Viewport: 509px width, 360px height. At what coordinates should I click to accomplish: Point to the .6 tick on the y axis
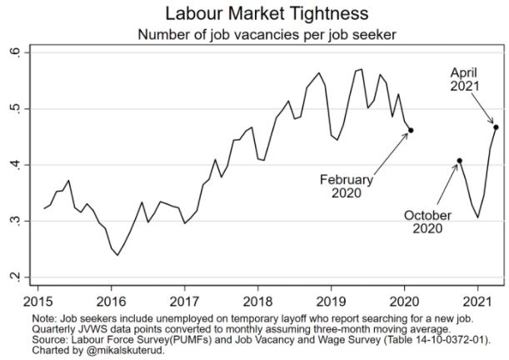pyautogui.click(x=25, y=53)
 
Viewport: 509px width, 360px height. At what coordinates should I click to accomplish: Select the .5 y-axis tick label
pyautogui.click(x=25, y=109)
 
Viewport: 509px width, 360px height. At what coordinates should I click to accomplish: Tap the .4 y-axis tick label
pyautogui.click(x=25, y=165)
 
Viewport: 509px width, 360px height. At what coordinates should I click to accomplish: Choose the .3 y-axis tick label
pyautogui.click(x=25, y=222)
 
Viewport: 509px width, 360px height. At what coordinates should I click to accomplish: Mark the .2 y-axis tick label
pyautogui.click(x=25, y=277)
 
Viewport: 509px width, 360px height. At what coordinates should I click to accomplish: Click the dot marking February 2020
pyautogui.click(x=411, y=130)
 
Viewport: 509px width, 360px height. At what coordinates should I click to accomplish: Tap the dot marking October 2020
pyautogui.click(x=460, y=160)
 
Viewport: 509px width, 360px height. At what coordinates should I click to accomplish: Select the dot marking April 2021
pyautogui.click(x=497, y=127)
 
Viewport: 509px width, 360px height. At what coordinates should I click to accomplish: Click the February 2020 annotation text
pyautogui.click(x=347, y=187)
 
